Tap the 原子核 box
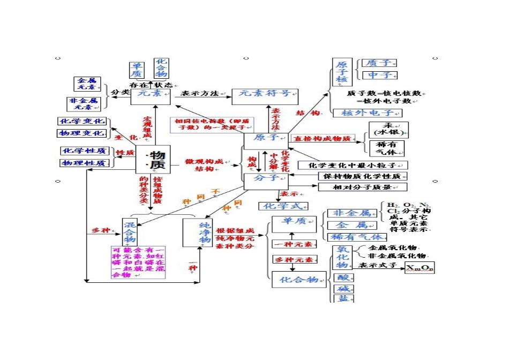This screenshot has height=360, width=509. pyautogui.click(x=342, y=72)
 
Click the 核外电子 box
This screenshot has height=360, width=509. pyautogui.click(x=367, y=113)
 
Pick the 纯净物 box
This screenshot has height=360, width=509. pyautogui.click(x=198, y=232)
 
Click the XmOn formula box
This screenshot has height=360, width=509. pyautogui.click(x=420, y=267)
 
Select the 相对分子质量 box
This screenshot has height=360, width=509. pyautogui.click(x=362, y=187)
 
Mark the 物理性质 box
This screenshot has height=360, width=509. pyautogui.click(x=85, y=163)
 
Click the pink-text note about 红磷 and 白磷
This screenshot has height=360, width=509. pyautogui.click(x=138, y=262)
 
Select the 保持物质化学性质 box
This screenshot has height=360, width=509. pyautogui.click(x=362, y=176)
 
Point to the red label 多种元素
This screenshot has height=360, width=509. pyautogui.click(x=291, y=259)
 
